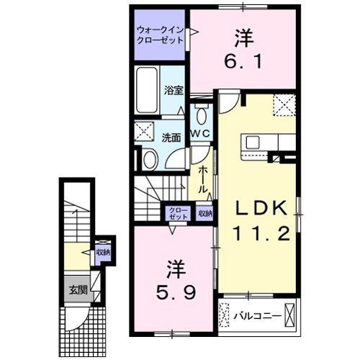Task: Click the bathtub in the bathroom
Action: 147,91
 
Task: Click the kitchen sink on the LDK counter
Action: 254,141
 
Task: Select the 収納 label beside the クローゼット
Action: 204,213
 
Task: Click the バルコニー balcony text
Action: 252,315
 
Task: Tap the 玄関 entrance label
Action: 76,290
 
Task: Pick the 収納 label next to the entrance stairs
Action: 103,253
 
